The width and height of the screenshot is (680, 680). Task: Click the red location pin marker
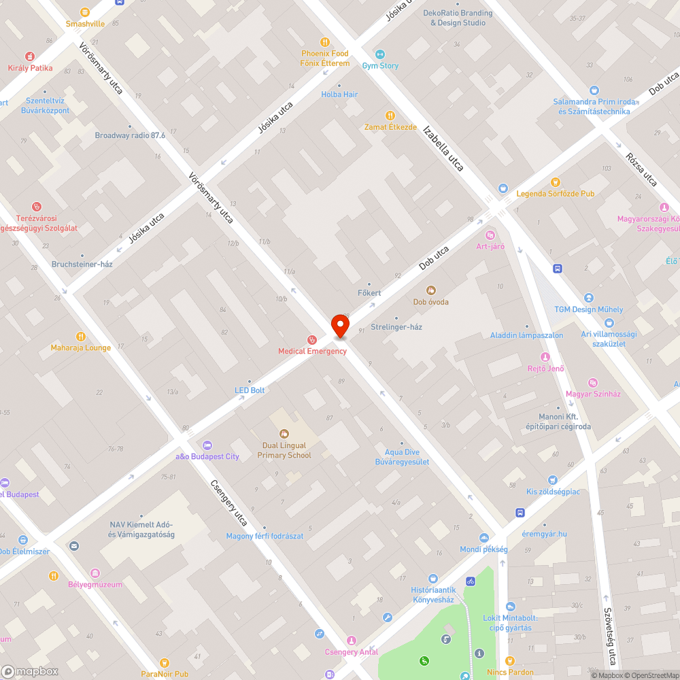(x=340, y=326)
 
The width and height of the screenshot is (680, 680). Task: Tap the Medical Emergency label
(x=312, y=351)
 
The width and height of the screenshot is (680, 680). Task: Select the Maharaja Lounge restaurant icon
(x=80, y=336)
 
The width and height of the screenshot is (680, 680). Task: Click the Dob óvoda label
(x=431, y=302)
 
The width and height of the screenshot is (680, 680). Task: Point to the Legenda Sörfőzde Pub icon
(x=556, y=182)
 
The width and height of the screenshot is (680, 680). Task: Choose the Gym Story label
(x=380, y=66)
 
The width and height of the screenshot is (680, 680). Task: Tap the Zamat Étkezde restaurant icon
(x=390, y=116)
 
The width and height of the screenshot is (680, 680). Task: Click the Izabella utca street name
(x=443, y=148)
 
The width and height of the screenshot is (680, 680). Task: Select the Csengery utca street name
(x=228, y=504)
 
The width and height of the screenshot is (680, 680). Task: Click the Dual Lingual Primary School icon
(x=284, y=433)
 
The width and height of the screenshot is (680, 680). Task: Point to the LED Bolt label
(x=250, y=390)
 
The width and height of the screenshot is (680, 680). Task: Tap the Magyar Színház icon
(x=592, y=383)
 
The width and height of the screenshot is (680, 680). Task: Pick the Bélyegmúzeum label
(x=95, y=585)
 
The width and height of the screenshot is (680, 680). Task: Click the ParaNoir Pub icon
(x=164, y=662)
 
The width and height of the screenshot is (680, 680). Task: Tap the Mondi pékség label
(x=483, y=549)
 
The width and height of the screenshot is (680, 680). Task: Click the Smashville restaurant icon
(x=85, y=12)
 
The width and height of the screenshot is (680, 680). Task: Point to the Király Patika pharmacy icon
(x=30, y=56)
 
